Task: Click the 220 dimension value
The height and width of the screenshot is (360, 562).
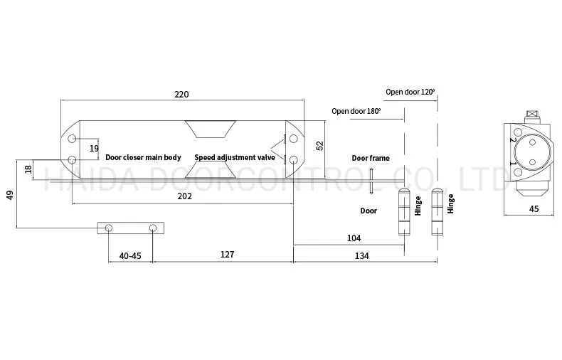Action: click(x=181, y=95)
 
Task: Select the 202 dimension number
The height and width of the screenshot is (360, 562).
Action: click(x=184, y=196)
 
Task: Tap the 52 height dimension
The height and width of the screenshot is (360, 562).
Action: click(x=319, y=146)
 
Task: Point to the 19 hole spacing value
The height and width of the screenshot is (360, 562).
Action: click(x=94, y=149)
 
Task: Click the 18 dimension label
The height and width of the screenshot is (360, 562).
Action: click(x=28, y=169)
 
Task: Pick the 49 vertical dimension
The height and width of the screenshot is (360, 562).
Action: click(x=10, y=196)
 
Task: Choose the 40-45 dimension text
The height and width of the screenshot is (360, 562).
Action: click(x=130, y=256)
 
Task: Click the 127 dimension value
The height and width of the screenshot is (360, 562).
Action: click(x=227, y=254)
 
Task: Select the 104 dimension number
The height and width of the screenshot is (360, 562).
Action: click(x=354, y=238)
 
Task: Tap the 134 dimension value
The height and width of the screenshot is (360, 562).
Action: click(x=361, y=256)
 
